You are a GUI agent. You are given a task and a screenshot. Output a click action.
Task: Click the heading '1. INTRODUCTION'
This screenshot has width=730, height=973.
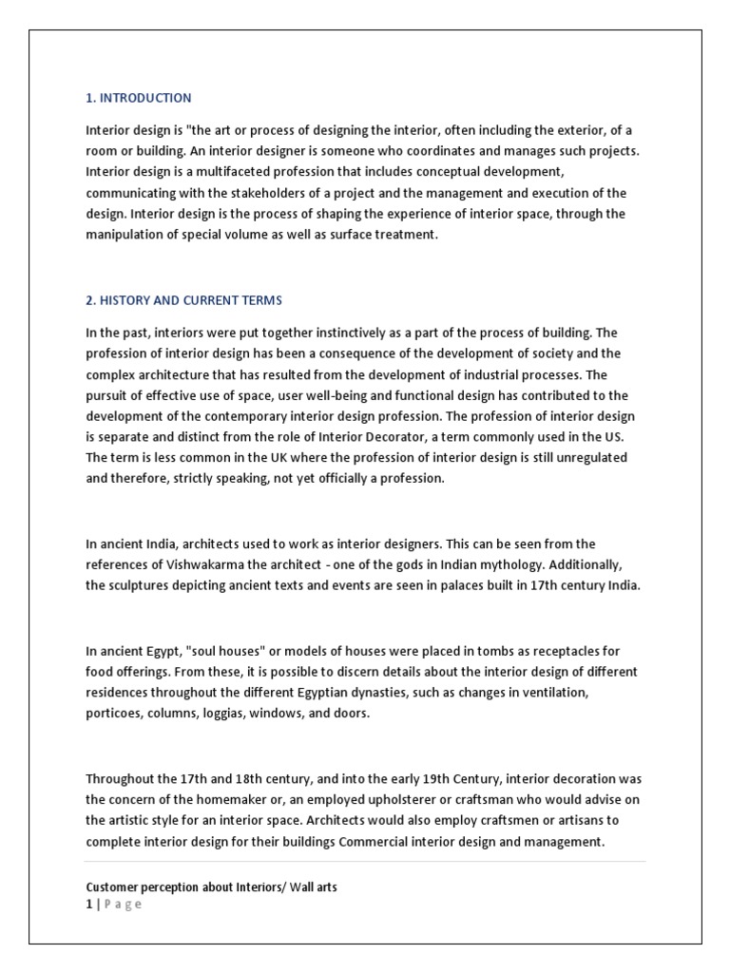coord(138,98)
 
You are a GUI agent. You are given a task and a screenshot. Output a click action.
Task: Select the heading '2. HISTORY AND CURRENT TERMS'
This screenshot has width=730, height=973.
coord(183,300)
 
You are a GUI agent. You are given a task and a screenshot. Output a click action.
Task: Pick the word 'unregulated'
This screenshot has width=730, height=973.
coord(594,457)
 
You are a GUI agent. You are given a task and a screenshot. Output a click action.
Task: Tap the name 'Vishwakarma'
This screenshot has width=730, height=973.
coord(190,564)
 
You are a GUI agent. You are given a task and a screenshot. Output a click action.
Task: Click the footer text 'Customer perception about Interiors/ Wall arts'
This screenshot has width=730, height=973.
coord(211,887)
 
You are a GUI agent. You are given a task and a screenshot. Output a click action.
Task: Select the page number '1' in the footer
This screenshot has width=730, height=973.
coord(88,904)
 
